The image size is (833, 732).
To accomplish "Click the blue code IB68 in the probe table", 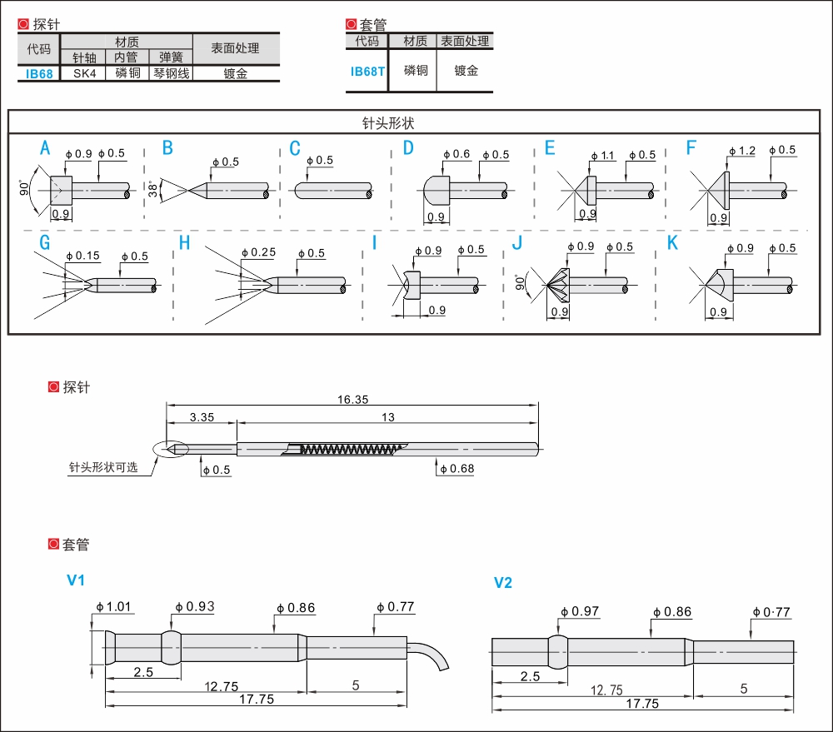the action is point(39,74).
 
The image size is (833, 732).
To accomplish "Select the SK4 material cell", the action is point(84,73).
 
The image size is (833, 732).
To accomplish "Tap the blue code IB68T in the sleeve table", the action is point(367,71).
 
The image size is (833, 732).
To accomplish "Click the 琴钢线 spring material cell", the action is point(172,73).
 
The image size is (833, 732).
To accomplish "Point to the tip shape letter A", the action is point(45,147).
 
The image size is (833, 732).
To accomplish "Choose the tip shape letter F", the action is point(691,147).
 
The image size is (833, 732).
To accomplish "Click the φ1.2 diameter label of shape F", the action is point(742,151).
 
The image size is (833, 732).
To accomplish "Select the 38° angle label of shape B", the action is point(153,189).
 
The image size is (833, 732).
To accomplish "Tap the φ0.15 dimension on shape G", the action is point(82,256).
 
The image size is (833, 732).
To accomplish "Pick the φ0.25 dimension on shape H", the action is point(259,253).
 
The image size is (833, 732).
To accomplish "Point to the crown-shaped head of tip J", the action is point(558,285).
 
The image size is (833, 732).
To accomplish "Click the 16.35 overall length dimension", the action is point(352,400).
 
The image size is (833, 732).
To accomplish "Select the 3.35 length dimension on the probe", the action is point(202,417).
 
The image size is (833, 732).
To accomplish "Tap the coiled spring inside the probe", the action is point(349,450).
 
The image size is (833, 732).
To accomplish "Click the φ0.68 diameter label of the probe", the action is point(456,469).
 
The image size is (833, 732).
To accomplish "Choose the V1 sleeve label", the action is point(76,580).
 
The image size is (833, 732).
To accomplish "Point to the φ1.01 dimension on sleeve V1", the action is point(113,606).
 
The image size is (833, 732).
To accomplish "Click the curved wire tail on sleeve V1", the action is point(428,655).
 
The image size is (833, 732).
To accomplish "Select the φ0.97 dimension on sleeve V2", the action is point(580,612).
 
